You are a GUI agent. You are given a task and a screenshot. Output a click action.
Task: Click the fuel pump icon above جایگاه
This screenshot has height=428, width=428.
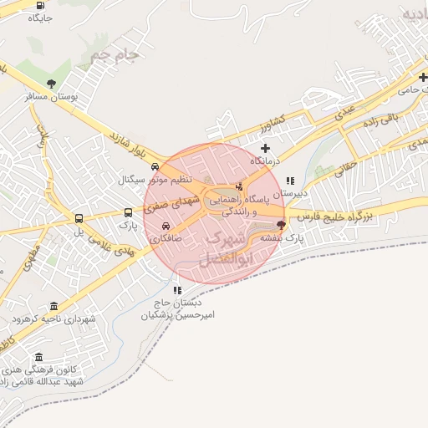(x=41, y=5)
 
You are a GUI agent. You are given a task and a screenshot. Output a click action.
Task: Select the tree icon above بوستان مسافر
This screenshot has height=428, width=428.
(x=53, y=83)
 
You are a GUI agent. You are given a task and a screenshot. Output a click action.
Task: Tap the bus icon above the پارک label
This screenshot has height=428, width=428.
(x=127, y=212)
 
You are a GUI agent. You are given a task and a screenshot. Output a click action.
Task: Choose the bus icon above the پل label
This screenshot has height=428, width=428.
(x=79, y=218)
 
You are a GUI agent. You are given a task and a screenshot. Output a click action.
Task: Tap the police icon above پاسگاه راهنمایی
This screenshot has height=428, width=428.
(x=240, y=186)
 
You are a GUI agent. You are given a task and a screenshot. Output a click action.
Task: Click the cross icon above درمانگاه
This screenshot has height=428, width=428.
(x=266, y=147)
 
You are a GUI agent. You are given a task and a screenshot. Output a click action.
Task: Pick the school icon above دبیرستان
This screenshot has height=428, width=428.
(x=290, y=180)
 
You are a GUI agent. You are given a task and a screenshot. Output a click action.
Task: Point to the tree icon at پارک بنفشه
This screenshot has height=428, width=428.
(x=281, y=224)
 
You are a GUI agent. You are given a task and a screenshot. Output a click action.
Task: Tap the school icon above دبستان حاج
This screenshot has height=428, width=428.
(x=176, y=289)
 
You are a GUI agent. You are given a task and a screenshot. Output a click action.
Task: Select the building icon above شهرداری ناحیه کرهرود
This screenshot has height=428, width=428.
(x=54, y=306)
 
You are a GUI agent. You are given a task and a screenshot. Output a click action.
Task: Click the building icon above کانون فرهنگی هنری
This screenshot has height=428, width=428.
(x=38, y=356)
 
